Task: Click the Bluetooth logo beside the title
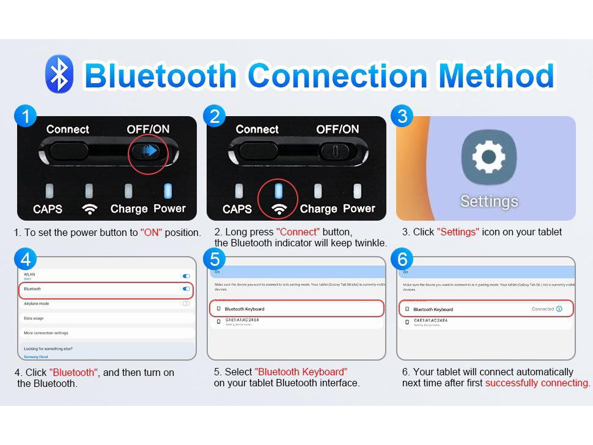point(59,75)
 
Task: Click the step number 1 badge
point(25,116)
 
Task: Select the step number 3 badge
point(402,116)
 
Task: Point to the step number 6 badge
point(402,259)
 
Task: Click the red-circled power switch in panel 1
point(148,151)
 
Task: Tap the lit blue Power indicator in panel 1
point(168,191)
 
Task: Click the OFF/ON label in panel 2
point(337,130)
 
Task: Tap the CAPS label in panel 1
point(48,209)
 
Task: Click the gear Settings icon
point(488,158)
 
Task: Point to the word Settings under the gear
point(488,201)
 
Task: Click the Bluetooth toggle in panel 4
point(186,289)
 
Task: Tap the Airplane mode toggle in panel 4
point(186,303)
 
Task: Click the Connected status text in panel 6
point(542,309)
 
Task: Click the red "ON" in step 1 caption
point(151,233)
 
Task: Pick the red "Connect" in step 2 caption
point(298,232)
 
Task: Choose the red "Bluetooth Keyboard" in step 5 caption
point(300,372)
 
